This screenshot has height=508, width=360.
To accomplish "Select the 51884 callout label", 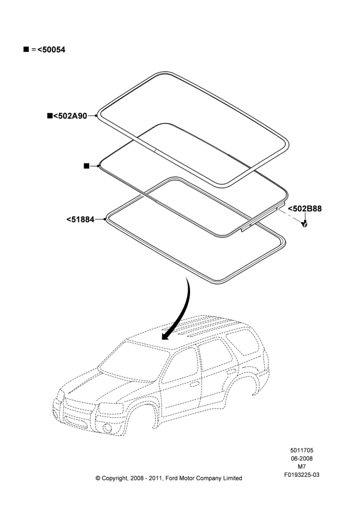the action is (x=80, y=219).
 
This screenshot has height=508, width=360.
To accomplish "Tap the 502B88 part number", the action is (x=305, y=209).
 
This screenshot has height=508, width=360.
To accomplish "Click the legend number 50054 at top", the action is (x=51, y=50).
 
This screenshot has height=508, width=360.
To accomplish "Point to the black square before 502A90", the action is (x=50, y=116).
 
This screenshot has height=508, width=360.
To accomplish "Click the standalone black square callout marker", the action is (x=86, y=166).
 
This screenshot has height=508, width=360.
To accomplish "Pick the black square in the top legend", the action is (x=26, y=49).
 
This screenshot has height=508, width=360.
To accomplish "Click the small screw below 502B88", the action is (x=305, y=224).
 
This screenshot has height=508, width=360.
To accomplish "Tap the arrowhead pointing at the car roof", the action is (x=166, y=336).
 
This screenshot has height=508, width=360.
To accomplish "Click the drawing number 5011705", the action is (x=302, y=450).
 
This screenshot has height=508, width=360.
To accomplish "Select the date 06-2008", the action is (x=302, y=458).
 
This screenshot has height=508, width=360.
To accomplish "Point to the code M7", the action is (x=302, y=467).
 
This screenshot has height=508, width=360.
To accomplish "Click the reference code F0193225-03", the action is (x=302, y=475).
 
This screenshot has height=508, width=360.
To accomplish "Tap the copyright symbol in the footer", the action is (x=98, y=478).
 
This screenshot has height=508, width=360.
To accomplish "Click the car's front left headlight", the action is (x=111, y=408).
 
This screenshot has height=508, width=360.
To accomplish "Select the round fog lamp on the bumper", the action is (x=107, y=428).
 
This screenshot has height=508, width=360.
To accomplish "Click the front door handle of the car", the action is (x=195, y=384).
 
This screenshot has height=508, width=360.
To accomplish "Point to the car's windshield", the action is (x=134, y=361).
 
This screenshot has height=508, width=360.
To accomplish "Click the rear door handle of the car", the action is (x=231, y=371).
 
